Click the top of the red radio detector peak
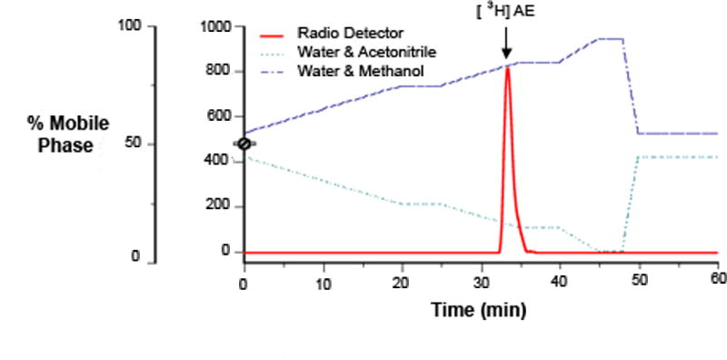click(x=507, y=68)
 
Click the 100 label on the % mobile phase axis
click(x=130, y=26)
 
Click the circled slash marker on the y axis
click(x=244, y=144)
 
